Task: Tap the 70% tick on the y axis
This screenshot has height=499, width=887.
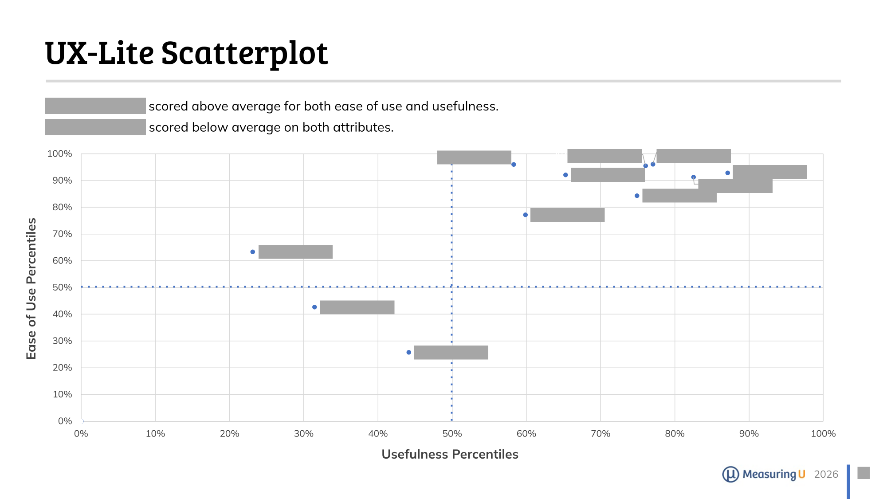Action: [62, 234]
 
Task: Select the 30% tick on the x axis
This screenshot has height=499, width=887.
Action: [303, 434]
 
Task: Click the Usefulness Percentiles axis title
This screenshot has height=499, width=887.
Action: [450, 454]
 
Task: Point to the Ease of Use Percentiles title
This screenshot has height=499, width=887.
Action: [31, 288]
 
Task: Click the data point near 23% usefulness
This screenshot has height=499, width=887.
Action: [253, 252]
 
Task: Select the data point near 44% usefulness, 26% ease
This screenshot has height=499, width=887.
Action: [409, 352]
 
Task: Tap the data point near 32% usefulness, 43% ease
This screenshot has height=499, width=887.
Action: [314, 307]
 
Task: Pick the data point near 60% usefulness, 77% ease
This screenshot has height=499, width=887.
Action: [526, 215]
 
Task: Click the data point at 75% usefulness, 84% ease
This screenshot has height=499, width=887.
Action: [637, 196]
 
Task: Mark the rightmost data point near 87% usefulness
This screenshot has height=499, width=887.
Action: [728, 173]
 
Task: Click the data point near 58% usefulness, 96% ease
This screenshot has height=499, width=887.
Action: [514, 165]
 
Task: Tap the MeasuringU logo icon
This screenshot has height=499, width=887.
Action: [730, 474]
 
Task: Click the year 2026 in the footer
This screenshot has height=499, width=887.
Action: [826, 474]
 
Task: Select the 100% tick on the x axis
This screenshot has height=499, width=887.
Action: [823, 434]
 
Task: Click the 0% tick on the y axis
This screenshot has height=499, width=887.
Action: [65, 421]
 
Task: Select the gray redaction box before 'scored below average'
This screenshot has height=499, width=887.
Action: [95, 127]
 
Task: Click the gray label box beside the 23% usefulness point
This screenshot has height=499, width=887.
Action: [295, 252]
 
